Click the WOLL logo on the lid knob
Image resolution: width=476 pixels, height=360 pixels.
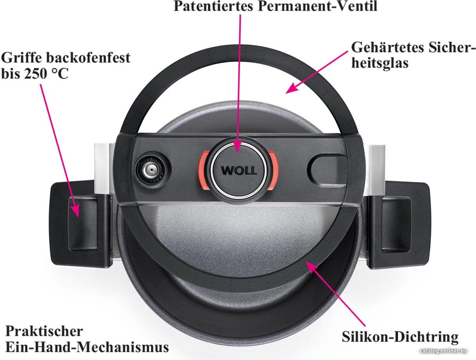239,170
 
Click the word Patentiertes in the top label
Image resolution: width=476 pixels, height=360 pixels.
213,6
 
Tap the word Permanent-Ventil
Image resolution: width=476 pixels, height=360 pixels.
317,6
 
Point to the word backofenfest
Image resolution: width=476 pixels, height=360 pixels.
88,58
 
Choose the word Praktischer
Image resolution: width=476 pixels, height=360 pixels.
44,331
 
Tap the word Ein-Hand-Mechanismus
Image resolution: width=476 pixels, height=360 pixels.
87,347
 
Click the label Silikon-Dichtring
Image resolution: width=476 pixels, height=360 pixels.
400,337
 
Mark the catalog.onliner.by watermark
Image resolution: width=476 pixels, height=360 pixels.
444,351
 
